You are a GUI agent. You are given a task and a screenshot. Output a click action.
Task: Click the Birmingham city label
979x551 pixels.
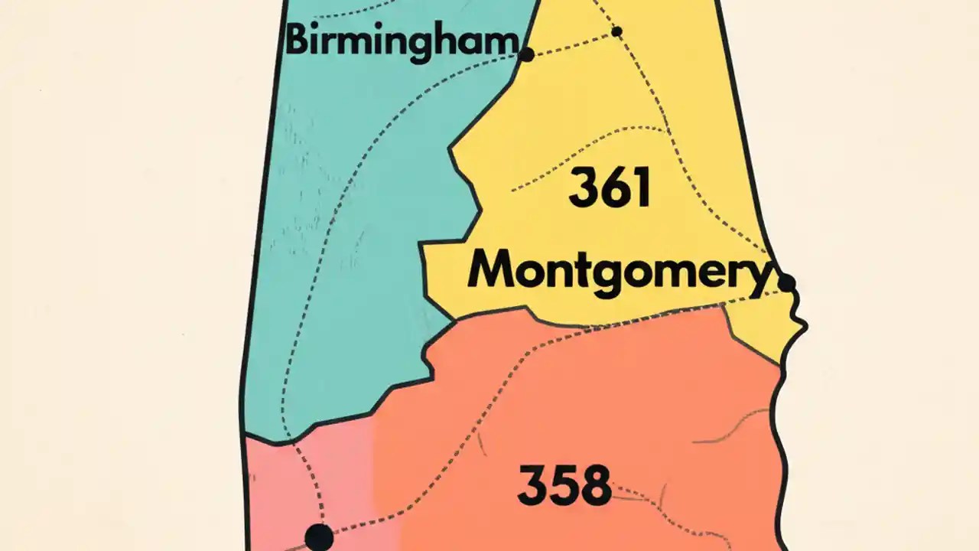(401, 40)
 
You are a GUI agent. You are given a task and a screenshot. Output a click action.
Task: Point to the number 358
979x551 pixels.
(564, 485)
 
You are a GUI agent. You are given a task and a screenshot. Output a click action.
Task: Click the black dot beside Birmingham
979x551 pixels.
(526, 54)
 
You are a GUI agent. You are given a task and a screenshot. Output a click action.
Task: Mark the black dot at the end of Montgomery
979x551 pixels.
(786, 283)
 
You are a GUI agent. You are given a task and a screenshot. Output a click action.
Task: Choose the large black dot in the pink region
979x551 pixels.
(319, 536)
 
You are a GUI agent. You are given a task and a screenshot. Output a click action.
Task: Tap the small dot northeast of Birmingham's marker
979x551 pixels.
(617, 31)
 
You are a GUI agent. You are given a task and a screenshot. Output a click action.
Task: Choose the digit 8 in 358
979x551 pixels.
(594, 485)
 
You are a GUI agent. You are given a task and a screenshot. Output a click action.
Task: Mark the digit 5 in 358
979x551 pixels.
(564, 485)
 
